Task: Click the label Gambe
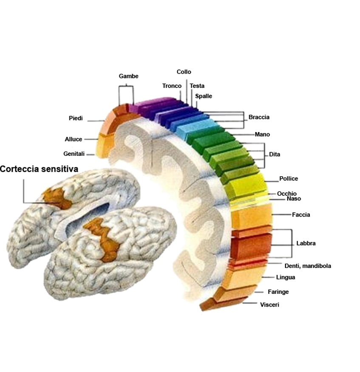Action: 128,76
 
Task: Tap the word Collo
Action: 184,72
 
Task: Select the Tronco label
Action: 172,86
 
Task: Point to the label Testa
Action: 197,86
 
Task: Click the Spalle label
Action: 204,96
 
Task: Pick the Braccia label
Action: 259,117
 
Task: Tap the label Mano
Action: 262,135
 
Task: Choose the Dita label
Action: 275,155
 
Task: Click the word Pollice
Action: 289,179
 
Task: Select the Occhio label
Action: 287,194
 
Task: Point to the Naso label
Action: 294,199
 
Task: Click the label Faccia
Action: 301,215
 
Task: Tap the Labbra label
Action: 306,244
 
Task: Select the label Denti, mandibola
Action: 308,266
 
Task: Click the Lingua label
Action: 285,278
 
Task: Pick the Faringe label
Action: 278,292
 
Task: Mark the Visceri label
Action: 269,305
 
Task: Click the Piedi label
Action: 76,118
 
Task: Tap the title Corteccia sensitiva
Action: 39,169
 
